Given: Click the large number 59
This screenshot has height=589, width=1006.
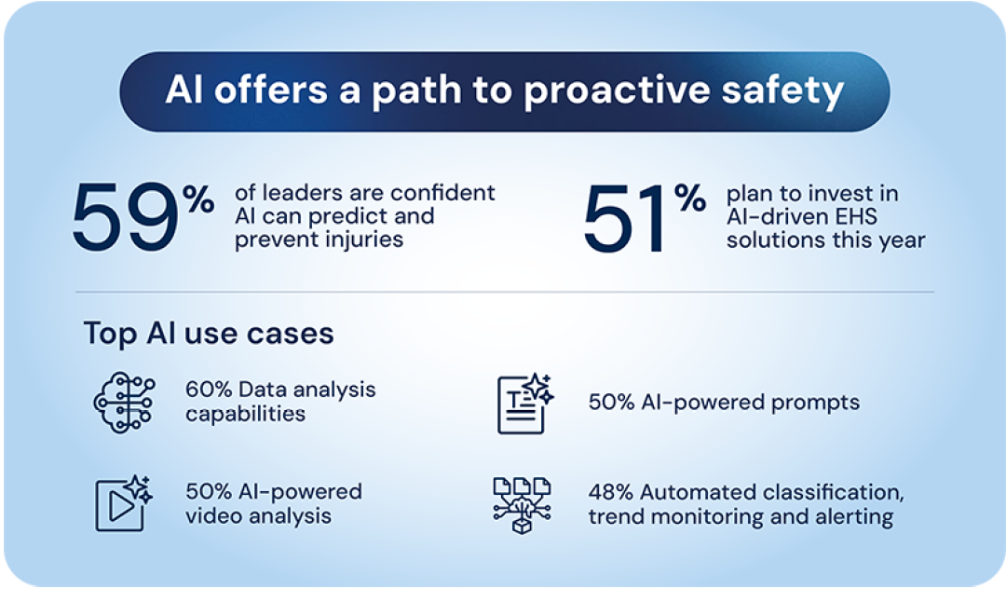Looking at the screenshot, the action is tap(125, 217).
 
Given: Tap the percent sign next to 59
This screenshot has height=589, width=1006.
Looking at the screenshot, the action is tap(198, 199).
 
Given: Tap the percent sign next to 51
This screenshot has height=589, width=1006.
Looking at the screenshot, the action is tap(690, 198).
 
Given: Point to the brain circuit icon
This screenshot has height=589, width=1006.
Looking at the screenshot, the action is tap(125, 403).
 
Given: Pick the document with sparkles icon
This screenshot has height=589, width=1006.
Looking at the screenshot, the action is tap(524, 404).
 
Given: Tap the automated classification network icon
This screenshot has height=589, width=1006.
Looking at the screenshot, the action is tap(523, 505).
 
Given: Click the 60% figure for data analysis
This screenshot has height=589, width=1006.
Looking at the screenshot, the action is tap(209, 390).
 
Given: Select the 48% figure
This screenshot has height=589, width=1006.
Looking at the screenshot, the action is tap(611, 492).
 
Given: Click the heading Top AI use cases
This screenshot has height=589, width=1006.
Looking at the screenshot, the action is tap(209, 333).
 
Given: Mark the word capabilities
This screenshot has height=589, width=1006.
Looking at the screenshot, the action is tap(245, 415).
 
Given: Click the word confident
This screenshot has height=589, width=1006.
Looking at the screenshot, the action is tap(442, 193).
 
